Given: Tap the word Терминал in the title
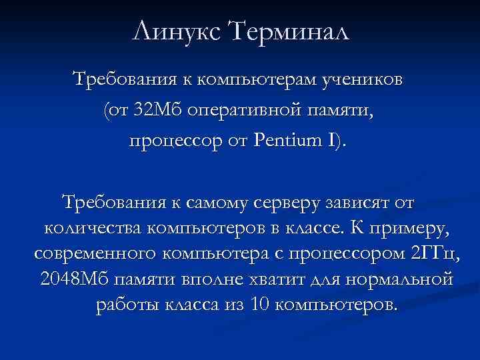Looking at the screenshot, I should (x=288, y=31).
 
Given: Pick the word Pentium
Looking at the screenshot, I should (x=289, y=141).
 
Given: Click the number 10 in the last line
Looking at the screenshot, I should (x=257, y=305).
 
